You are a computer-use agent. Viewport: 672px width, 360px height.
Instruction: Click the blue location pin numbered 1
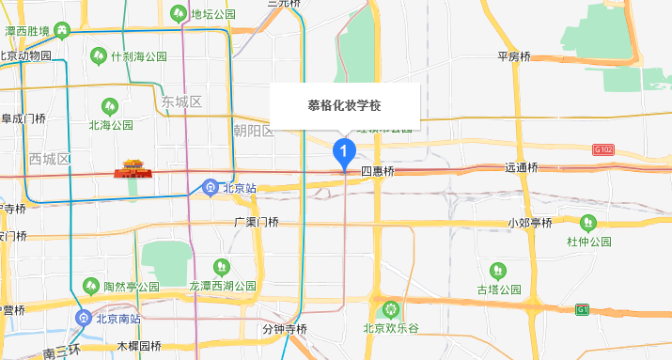click(344, 150)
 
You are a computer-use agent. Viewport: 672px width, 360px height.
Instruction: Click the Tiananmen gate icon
click(132, 169)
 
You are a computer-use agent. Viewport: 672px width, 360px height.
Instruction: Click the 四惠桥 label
click(377, 172)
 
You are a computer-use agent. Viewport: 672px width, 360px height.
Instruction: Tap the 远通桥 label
click(521, 168)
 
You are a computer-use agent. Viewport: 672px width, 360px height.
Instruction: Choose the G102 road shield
click(602, 149)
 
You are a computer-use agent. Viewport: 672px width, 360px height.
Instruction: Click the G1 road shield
click(583, 309)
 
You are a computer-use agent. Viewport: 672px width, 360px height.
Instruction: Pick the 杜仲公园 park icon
click(588, 223)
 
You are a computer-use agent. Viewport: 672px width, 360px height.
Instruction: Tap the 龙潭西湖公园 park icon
click(222, 267)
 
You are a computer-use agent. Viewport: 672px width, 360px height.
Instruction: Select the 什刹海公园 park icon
click(99, 56)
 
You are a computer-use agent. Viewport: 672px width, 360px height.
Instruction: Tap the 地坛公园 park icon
click(180, 13)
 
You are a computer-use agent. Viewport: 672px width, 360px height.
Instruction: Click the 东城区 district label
click(181, 102)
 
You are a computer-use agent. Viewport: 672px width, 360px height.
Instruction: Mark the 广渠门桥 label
click(257, 223)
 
